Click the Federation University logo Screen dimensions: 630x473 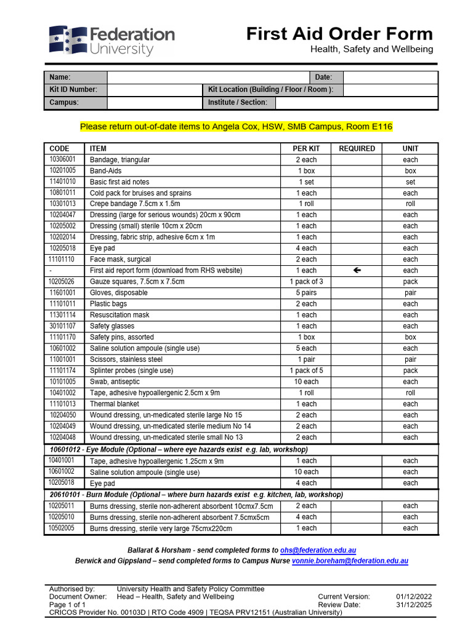pyautogui.click(x=111, y=41)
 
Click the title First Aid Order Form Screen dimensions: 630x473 pyautogui.click(x=339, y=34)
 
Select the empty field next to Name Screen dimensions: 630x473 pyautogui.click(x=208, y=78)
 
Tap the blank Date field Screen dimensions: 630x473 pyautogui.click(x=390, y=78)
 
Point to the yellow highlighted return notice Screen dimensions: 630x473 pyautogui.click(x=236, y=127)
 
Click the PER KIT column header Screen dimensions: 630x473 pyautogui.click(x=306, y=148)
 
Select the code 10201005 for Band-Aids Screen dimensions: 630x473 pyautogui.click(x=63, y=170)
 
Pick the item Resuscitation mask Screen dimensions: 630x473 pyautogui.click(x=119, y=315)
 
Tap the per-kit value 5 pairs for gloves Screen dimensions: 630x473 pyautogui.click(x=306, y=293)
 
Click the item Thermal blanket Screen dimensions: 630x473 pyautogui.click(x=115, y=404)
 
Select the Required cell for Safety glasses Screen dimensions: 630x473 pyautogui.click(x=357, y=326)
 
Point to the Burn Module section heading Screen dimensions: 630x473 pyautogui.click(x=196, y=495)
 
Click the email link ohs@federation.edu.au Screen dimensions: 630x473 pyautogui.click(x=318, y=550)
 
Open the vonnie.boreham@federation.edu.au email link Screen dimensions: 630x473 pyautogui.click(x=350, y=561)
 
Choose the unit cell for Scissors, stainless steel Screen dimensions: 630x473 pyautogui.click(x=410, y=359)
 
